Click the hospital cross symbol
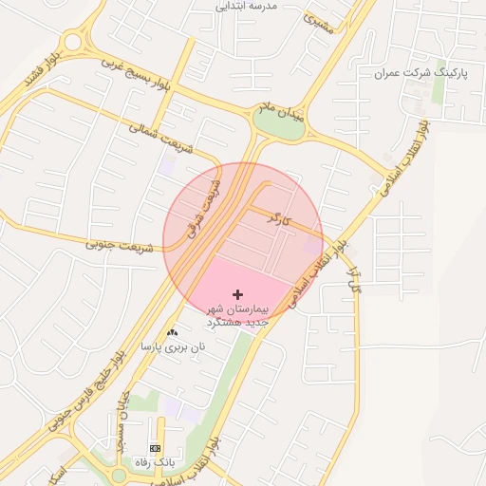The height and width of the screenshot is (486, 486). (237, 296)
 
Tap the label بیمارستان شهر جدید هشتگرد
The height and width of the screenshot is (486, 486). (238, 316)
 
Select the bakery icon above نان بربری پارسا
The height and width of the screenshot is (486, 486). (172, 332)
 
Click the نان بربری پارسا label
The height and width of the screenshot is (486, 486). (173, 347)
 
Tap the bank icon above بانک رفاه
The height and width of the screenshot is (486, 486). (155, 447)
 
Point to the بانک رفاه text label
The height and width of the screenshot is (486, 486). (155, 461)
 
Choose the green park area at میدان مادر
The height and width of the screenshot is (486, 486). (280, 124)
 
